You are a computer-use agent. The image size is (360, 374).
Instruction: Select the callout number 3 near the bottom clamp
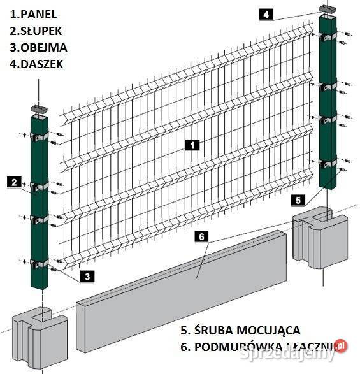tap(86, 276)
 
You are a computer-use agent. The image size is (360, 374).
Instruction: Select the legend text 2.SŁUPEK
tap(37, 31)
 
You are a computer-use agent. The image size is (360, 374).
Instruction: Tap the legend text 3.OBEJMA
tap(38, 47)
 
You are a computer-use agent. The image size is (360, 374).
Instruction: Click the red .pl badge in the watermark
tap(341, 345)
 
